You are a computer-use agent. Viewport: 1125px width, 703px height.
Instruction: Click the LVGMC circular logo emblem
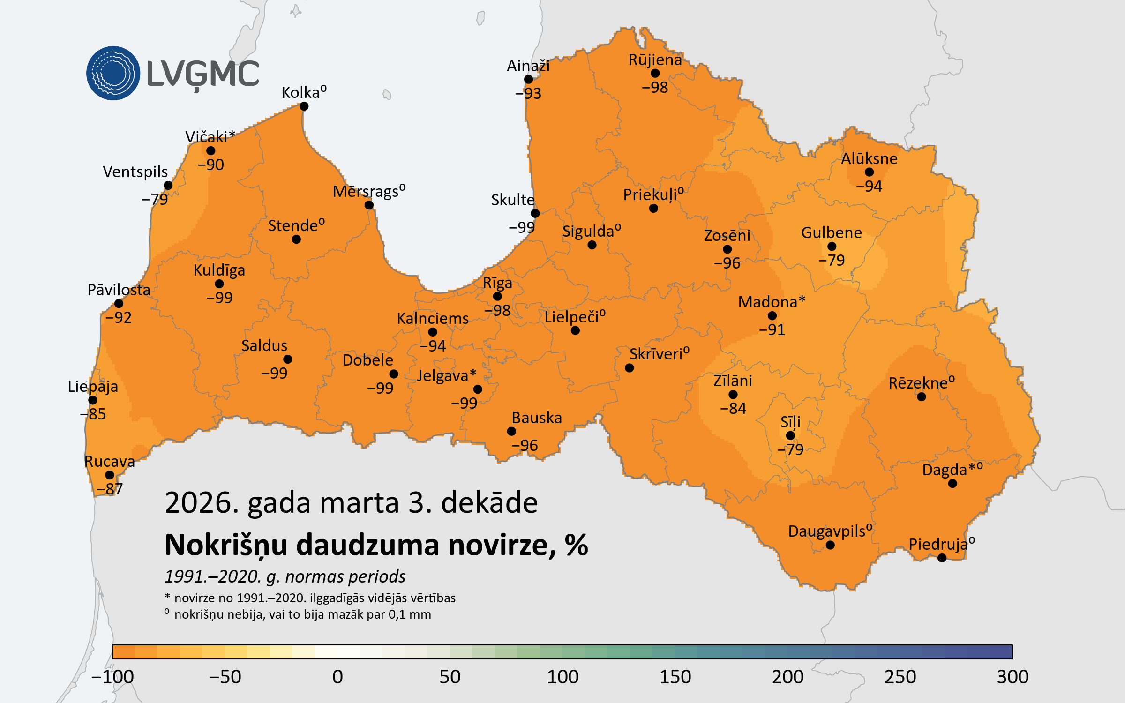coord(113,73)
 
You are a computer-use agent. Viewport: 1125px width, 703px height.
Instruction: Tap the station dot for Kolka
coord(304,106)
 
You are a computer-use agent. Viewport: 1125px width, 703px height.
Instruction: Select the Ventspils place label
coord(135,172)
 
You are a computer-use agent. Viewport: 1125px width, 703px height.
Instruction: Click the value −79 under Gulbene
coord(832,260)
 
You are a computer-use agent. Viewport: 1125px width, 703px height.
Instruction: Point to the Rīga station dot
coord(497,296)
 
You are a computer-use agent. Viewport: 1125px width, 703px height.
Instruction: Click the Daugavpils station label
coord(827,531)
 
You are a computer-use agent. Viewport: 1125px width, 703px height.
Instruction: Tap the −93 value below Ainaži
coord(528,93)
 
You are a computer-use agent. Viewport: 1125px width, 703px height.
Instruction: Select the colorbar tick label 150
coord(675,677)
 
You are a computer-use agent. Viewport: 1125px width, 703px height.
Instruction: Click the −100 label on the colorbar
coord(112,677)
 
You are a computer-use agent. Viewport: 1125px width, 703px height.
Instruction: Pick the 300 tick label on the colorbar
coord(1012,677)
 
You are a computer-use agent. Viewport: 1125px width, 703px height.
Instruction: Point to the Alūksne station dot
coord(869,172)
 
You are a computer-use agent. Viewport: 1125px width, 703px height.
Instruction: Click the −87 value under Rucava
coord(110,489)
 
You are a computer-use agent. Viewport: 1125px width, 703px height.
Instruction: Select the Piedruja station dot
coord(942,558)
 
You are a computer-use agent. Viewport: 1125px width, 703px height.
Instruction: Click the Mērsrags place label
coord(366,192)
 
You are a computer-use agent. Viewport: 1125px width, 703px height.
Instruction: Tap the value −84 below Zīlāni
coord(733,408)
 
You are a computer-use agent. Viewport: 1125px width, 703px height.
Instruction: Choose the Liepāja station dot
coord(93,400)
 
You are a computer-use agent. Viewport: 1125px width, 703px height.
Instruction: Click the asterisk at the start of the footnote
coord(167,597)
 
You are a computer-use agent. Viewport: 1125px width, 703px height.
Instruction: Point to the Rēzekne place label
coord(918,383)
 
